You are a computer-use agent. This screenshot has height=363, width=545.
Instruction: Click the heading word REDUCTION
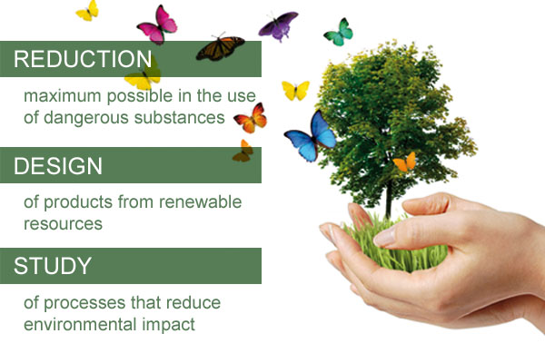[x=83, y=59]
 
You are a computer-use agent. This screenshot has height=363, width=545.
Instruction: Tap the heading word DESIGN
[x=58, y=166]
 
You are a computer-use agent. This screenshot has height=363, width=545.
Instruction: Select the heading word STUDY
[x=53, y=266]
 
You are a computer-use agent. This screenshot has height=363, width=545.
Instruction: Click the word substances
[x=179, y=117]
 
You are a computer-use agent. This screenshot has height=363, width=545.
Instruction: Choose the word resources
[x=64, y=224]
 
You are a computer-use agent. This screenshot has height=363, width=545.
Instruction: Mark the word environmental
[x=80, y=324]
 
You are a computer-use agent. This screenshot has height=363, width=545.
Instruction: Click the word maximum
[x=62, y=96]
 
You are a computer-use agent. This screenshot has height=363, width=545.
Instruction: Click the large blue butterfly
[x=311, y=136]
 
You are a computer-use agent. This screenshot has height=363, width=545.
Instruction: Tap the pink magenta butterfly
[x=157, y=25]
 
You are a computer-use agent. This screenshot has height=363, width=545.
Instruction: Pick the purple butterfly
[x=278, y=25]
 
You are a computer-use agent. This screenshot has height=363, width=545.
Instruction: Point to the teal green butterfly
[x=339, y=33]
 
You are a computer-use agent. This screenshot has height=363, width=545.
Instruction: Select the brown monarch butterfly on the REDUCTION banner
[x=220, y=47]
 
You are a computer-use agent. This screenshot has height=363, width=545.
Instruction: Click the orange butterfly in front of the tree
[x=405, y=162]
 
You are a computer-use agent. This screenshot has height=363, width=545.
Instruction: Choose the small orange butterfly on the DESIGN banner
[x=243, y=152]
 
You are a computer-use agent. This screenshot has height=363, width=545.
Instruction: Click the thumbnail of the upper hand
[x=384, y=238]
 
